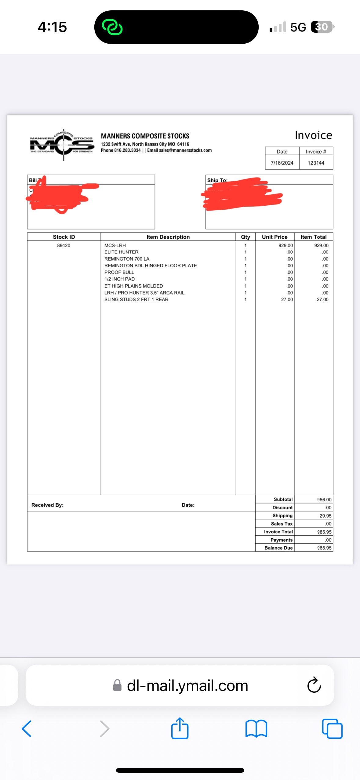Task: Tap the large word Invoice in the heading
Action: (x=313, y=135)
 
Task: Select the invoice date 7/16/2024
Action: (x=282, y=163)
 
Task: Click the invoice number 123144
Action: (x=316, y=163)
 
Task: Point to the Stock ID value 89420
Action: (x=64, y=245)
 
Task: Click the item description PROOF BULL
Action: (x=119, y=272)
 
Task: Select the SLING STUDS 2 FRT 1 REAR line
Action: (x=136, y=299)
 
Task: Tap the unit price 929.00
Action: (x=285, y=245)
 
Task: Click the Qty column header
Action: (x=245, y=237)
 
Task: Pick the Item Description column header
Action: (x=168, y=237)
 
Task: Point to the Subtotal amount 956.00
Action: (x=324, y=500)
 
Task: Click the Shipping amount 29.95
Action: (x=325, y=516)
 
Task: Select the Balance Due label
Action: (x=278, y=548)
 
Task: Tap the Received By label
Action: (x=47, y=505)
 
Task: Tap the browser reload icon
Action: (x=314, y=685)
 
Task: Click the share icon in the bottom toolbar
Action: (x=180, y=728)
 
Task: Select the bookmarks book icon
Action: (x=256, y=729)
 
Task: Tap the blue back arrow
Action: (x=27, y=729)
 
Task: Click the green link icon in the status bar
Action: (x=112, y=27)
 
